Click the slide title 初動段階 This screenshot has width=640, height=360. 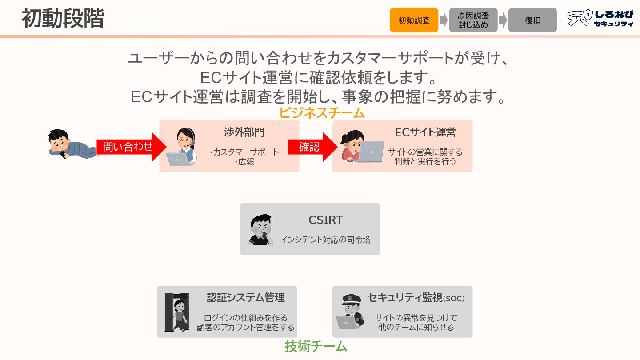pyautogui.click(x=63, y=19)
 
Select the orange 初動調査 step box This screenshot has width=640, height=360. pyautogui.click(x=414, y=20)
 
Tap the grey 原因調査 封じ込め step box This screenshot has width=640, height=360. pyautogui.click(x=473, y=20)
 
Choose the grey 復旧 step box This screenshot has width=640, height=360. pyautogui.click(x=532, y=20)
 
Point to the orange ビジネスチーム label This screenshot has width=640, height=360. pyautogui.click(x=322, y=113)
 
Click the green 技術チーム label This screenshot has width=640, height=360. pyautogui.click(x=316, y=346)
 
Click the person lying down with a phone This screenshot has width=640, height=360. pyautogui.click(x=71, y=144)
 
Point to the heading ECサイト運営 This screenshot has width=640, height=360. pyautogui.click(x=425, y=132)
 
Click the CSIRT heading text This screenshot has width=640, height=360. pyautogui.click(x=326, y=220)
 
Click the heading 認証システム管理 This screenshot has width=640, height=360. pyautogui.click(x=246, y=297)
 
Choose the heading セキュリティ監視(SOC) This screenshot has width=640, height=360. pyautogui.click(x=416, y=298)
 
